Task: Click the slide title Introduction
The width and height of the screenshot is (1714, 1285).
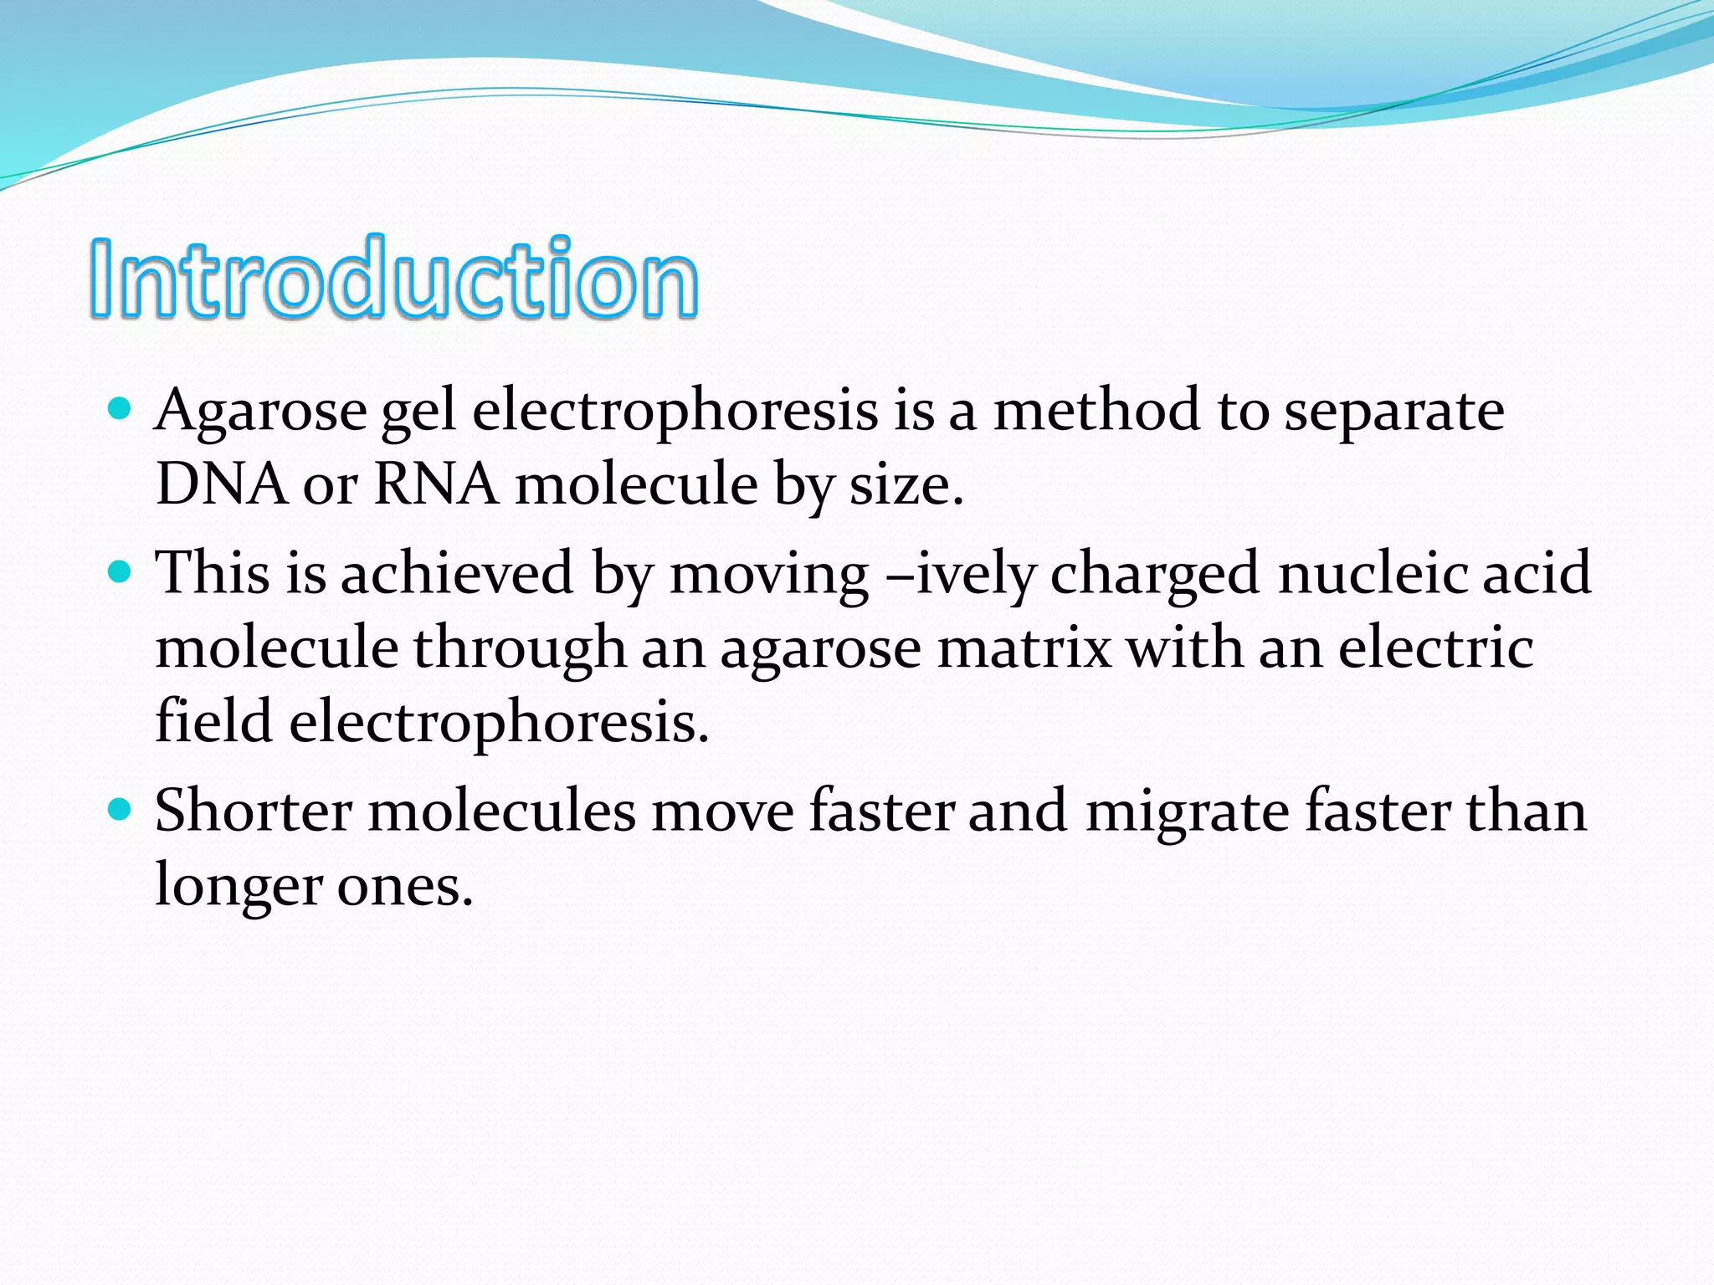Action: point(393,278)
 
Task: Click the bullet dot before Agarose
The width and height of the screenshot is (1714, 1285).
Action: point(121,409)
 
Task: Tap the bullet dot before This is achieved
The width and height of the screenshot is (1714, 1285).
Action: point(121,572)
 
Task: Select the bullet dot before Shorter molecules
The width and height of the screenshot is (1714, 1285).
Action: point(121,810)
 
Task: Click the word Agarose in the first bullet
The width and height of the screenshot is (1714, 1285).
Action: point(260,412)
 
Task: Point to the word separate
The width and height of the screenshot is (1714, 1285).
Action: point(1393,412)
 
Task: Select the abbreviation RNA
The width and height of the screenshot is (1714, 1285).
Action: point(436,485)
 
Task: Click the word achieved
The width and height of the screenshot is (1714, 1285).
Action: point(457,574)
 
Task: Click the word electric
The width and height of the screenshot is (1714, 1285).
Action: point(1436,648)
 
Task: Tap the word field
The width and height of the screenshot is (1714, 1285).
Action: point(214,721)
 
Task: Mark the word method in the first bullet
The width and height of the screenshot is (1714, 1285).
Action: point(1096,412)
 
